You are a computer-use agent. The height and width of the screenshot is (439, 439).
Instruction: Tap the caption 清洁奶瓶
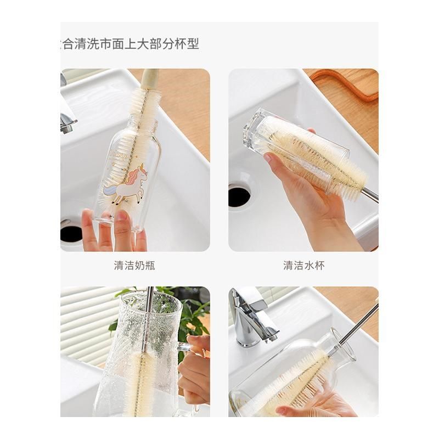[x=134, y=266]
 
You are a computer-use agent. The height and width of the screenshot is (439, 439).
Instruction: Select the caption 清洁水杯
[x=303, y=266]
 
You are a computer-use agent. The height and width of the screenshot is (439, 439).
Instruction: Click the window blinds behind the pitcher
[x=82, y=324]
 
